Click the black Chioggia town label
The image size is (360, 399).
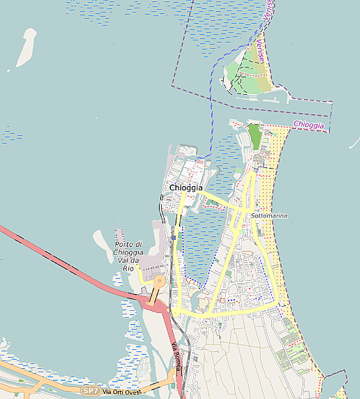point(186,188)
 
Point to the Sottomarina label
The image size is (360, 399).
point(269,216)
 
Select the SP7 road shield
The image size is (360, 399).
point(91,391)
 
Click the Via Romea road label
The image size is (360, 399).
point(176,355)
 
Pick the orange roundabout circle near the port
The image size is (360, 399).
point(160,280)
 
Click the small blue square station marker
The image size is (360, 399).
point(173,237)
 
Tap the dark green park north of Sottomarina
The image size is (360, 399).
point(255,135)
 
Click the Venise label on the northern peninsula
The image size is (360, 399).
point(261,51)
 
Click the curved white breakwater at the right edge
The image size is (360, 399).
point(353,145)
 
